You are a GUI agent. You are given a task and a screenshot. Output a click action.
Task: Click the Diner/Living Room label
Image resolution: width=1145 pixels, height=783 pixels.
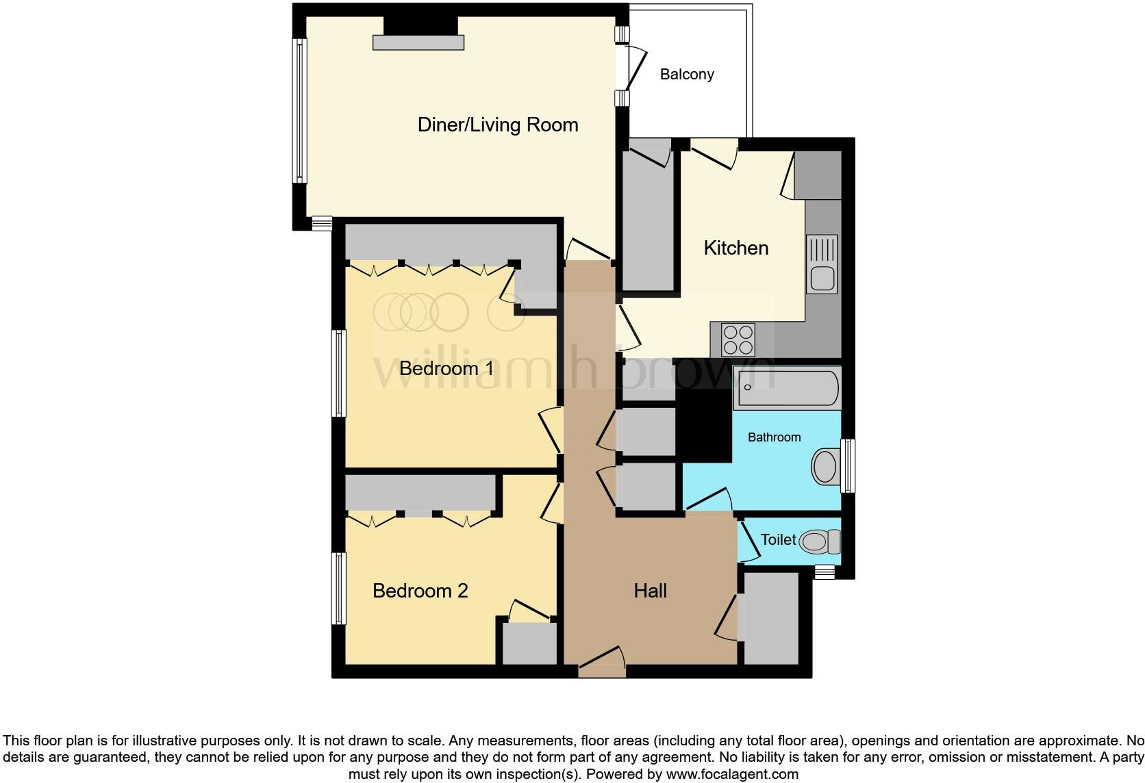(x=498, y=125)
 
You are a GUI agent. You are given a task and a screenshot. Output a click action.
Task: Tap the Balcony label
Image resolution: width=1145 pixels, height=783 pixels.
(x=687, y=74)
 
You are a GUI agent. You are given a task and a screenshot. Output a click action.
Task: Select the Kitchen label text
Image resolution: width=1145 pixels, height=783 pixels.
(x=736, y=248)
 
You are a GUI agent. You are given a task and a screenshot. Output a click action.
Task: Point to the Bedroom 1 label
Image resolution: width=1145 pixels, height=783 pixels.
(x=446, y=368)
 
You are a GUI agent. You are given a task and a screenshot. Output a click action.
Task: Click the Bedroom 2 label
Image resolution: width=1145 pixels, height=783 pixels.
(x=420, y=591)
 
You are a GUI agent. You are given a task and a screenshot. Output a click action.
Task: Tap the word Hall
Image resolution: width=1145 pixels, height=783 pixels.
(x=650, y=591)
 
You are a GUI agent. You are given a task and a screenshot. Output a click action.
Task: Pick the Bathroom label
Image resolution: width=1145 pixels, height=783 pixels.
(x=774, y=437)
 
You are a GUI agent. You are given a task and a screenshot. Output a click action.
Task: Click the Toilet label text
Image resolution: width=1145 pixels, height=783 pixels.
(x=779, y=539)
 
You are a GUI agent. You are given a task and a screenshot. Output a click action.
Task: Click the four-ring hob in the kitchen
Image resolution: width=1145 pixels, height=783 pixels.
(x=738, y=339)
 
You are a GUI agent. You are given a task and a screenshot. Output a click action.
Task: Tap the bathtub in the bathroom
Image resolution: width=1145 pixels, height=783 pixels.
(x=787, y=388)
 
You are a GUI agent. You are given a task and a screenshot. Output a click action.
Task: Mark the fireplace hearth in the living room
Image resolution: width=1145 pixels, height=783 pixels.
(x=418, y=42)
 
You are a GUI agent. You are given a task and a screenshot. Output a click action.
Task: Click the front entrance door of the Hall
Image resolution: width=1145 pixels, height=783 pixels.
(x=602, y=664)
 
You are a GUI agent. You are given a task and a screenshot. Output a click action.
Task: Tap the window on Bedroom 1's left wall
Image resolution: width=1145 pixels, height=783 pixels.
(x=339, y=373)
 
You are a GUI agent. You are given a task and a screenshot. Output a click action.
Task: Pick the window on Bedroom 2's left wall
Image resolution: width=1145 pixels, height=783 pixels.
(x=339, y=589)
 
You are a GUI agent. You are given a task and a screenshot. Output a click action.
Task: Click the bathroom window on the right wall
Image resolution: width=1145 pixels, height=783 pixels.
(x=848, y=465)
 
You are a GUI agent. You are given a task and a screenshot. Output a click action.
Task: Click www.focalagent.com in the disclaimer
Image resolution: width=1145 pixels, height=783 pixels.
(x=732, y=775)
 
